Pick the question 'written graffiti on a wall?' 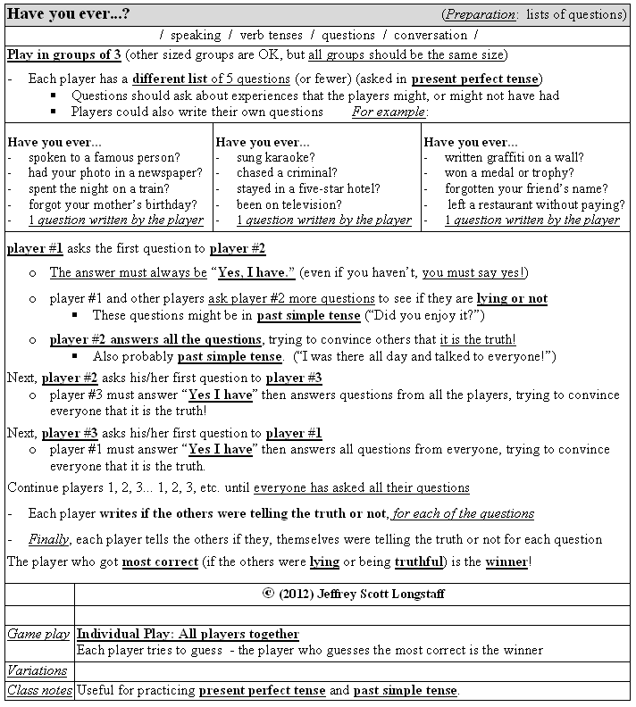[522, 158]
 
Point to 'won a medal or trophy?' [509, 173]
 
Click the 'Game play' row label [38, 634]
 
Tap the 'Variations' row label [38, 670]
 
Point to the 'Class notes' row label [39, 690]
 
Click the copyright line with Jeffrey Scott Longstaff [353, 594]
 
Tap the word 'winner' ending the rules [506, 561]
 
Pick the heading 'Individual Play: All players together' [188, 634]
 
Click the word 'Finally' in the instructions [48, 539]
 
